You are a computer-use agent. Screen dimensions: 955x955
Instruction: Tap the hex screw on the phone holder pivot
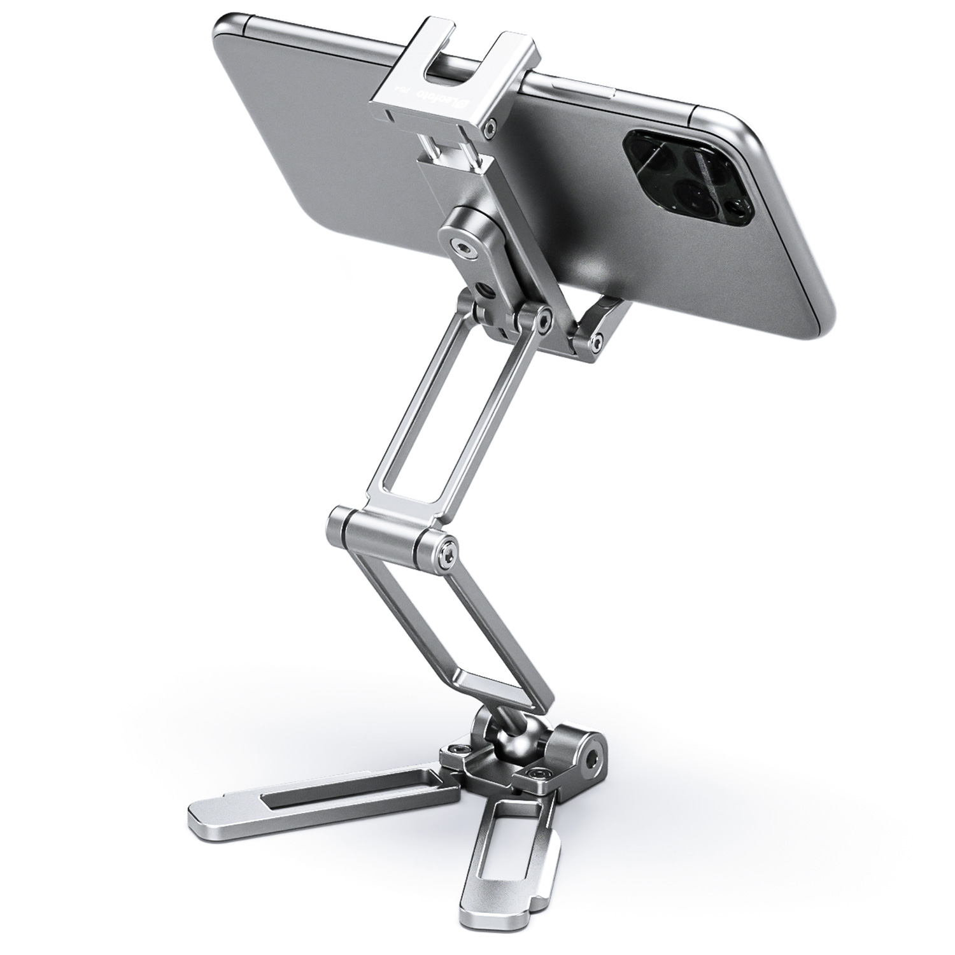point(457,247)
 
